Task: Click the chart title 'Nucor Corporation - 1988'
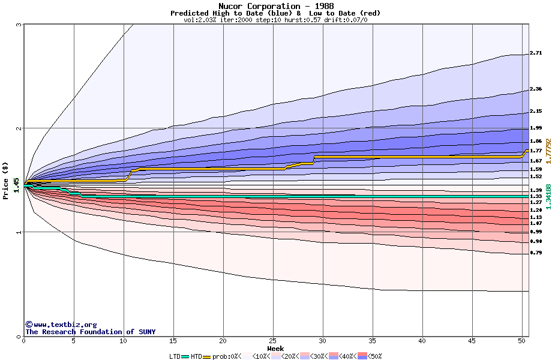(275, 6)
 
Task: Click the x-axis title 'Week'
(275, 348)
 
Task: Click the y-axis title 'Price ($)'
(6, 181)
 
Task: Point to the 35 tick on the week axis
(373, 341)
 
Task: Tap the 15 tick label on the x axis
(173, 341)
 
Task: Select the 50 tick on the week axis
(521, 341)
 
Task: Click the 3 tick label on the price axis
(19, 25)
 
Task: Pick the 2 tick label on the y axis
(19, 128)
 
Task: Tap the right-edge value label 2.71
(536, 53)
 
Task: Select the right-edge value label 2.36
(536, 89)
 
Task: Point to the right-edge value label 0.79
(536, 253)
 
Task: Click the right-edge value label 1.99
(536, 128)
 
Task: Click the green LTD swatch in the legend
(185, 356)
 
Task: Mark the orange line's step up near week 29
(314, 160)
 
